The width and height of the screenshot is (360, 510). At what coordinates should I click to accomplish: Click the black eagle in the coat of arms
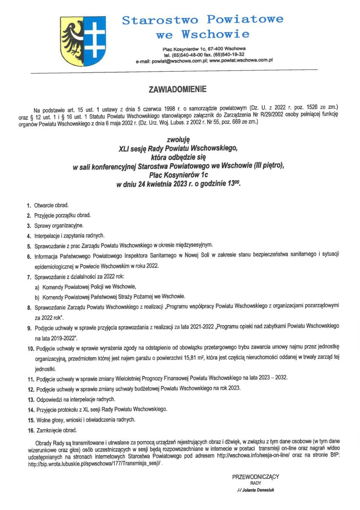coord(72,40)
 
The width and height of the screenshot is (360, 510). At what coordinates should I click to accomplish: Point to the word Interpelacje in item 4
coord(48,235)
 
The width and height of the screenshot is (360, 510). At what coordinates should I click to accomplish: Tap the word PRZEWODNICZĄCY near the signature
coord(255,477)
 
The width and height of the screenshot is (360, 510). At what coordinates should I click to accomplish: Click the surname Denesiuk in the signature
coord(264,490)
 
